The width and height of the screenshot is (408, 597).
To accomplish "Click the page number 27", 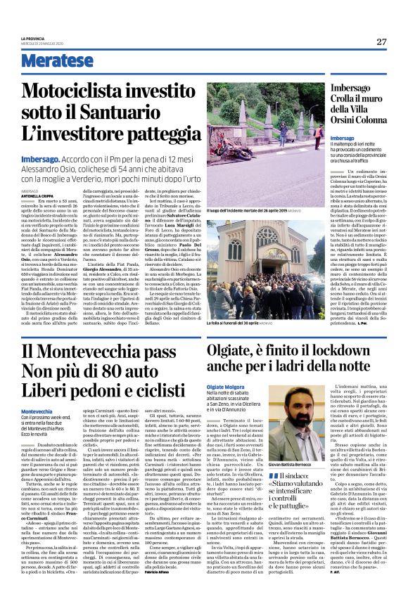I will click(381, 41).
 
